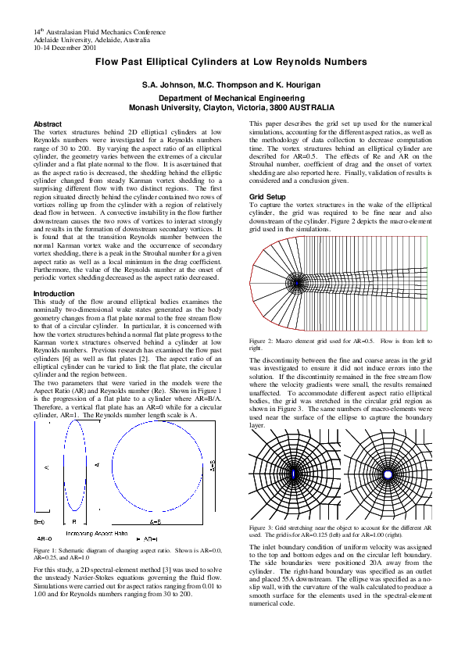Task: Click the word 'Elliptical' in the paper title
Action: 188,61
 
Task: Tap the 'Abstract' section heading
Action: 48,124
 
